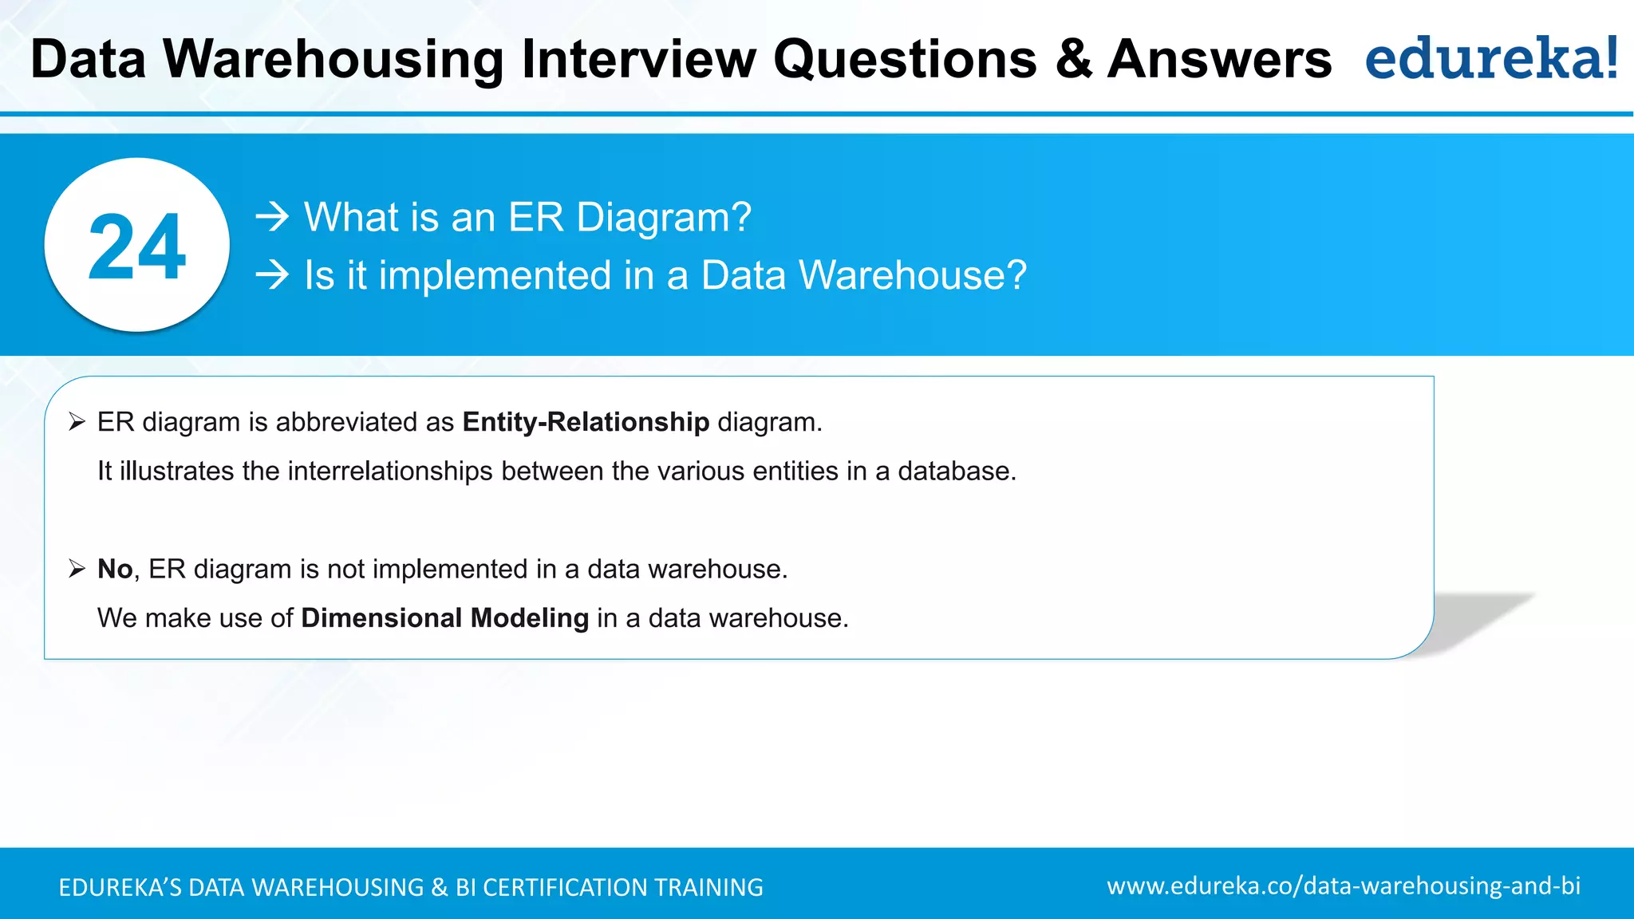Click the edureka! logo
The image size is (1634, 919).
pos(1491,58)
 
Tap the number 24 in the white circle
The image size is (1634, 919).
pos(136,247)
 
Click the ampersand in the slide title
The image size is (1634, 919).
pos(1072,60)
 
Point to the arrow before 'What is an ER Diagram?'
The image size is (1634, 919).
pos(272,217)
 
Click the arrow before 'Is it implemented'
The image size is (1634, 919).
pos(272,275)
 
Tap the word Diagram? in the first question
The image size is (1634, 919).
pos(663,217)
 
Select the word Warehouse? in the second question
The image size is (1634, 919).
pos(912,275)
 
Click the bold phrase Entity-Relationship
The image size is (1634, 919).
pos(586,422)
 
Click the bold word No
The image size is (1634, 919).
pos(114,569)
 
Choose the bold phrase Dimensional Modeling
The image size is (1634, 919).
pos(444,618)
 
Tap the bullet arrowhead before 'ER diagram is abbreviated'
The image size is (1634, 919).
pos(77,422)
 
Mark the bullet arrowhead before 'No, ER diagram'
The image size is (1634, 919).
pos(77,569)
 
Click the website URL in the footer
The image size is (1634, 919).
pos(1343,886)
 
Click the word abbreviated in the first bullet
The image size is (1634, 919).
pos(347,422)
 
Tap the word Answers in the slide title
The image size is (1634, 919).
pos(1219,60)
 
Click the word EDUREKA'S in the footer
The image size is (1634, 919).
pos(120,888)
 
